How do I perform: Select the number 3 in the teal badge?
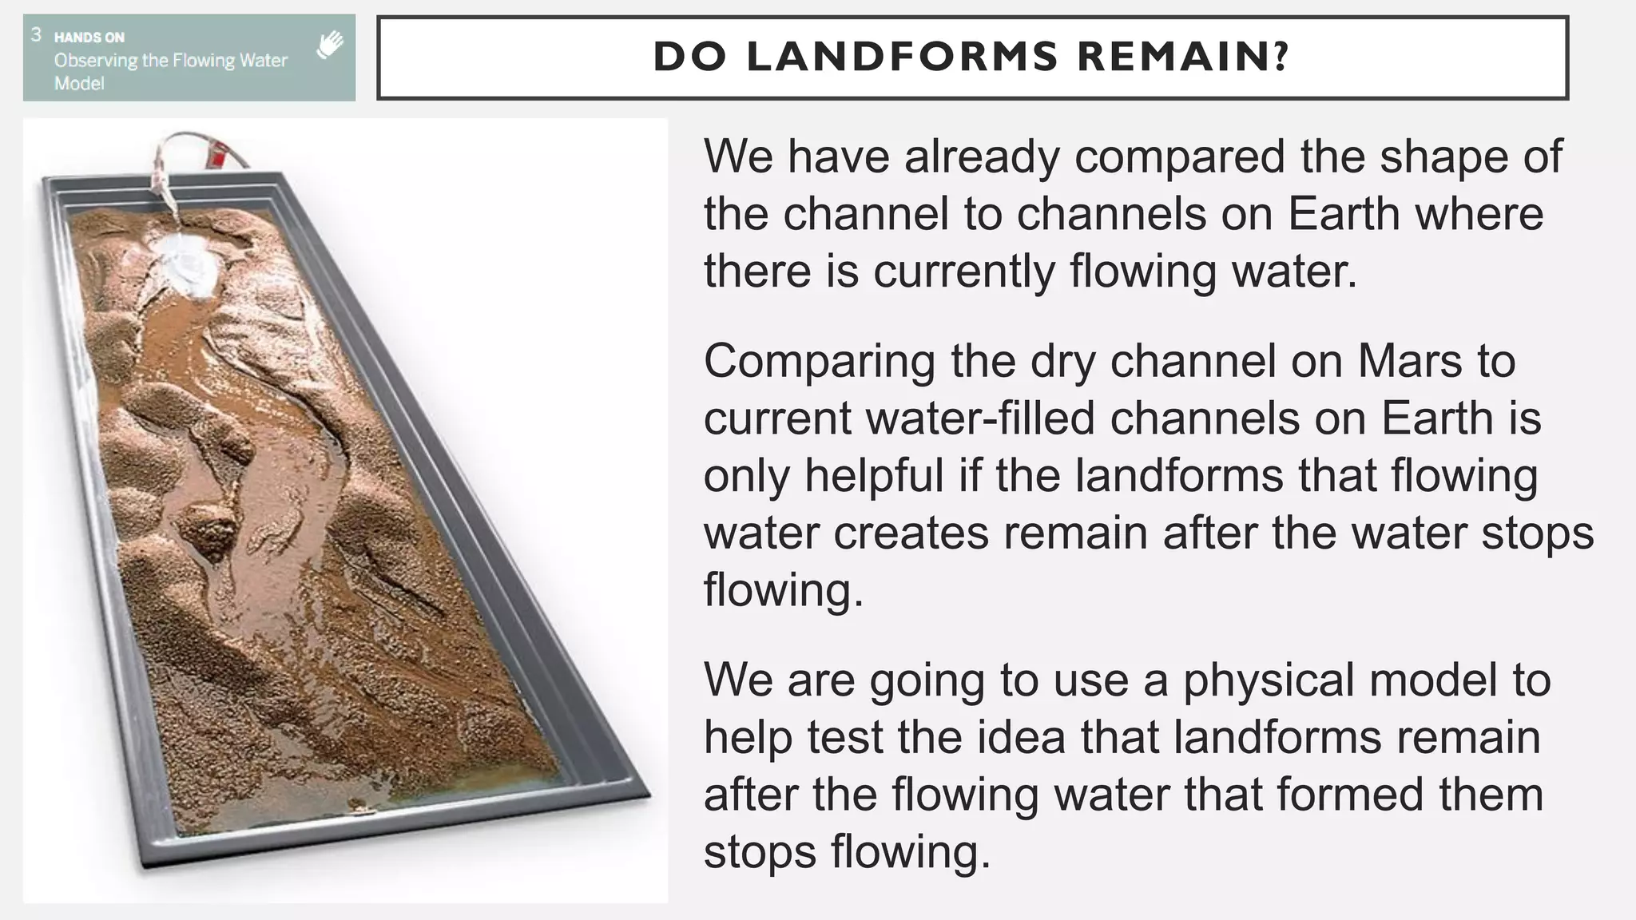[x=36, y=34]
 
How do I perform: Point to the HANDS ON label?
[x=89, y=37]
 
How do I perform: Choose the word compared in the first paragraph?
[x=1179, y=156]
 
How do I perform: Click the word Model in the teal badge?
[x=79, y=83]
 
